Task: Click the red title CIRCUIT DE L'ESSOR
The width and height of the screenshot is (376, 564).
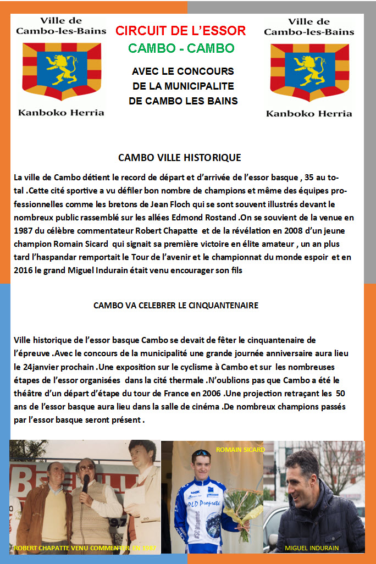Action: click(x=180, y=30)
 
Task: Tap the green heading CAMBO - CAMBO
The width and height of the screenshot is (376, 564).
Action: click(x=181, y=48)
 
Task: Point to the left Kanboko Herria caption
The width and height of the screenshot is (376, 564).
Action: click(x=61, y=113)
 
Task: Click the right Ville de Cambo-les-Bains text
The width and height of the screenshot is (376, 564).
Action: click(x=309, y=27)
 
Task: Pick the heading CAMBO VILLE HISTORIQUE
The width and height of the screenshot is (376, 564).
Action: click(x=179, y=158)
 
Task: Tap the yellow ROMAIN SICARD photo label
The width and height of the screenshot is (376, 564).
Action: click(x=240, y=449)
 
